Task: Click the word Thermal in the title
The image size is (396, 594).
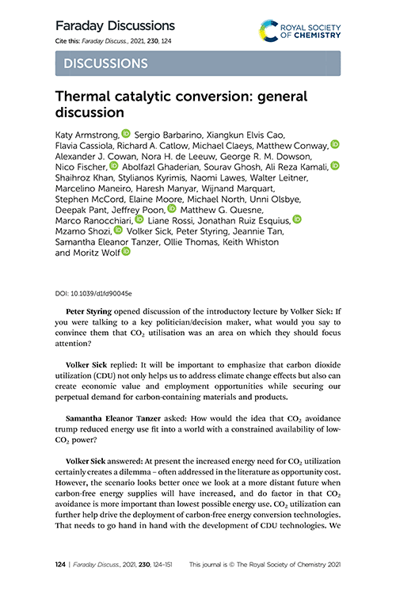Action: (86, 97)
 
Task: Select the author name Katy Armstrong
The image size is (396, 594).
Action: (86, 135)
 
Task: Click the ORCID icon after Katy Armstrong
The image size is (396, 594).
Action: (128, 135)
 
